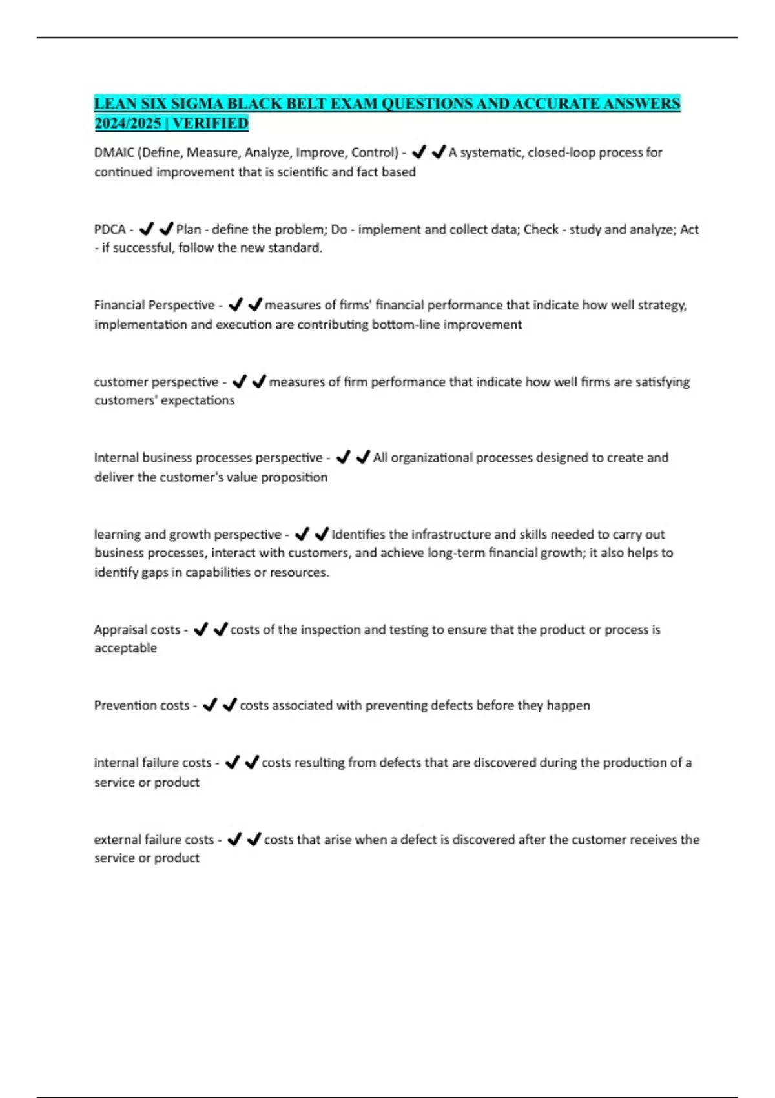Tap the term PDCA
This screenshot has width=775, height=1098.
[x=110, y=229]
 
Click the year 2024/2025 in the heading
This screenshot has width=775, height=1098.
[x=127, y=123]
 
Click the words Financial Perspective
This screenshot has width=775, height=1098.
[x=154, y=305]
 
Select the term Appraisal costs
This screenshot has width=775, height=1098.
[x=137, y=630]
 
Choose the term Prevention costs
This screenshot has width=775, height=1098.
[x=141, y=705]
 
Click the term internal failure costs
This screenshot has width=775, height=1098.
[x=152, y=763]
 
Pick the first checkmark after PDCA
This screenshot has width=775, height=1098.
[x=147, y=229]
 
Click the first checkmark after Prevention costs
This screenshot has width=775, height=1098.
[x=210, y=705]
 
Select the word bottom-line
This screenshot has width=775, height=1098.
[x=406, y=324]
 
